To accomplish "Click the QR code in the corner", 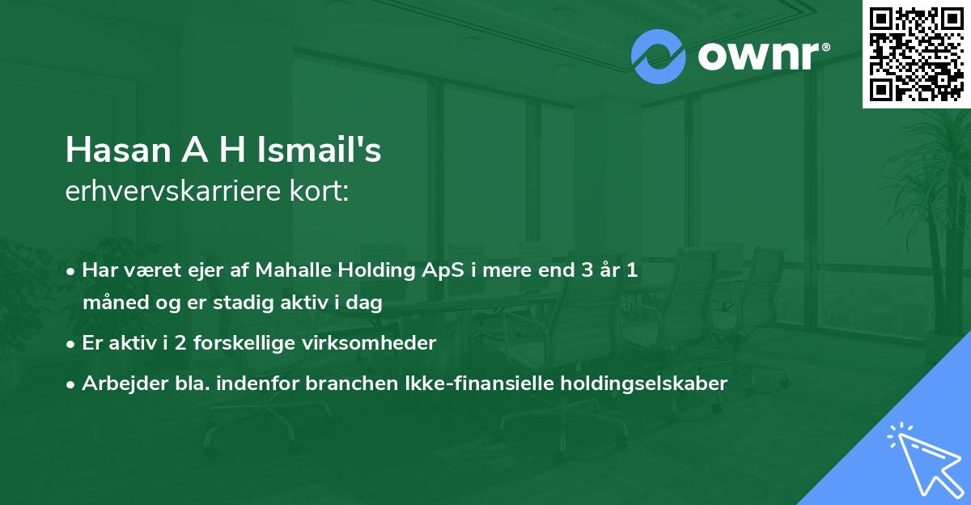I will [x=916, y=54].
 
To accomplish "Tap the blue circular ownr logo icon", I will [x=659, y=57].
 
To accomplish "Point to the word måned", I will [x=110, y=304].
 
